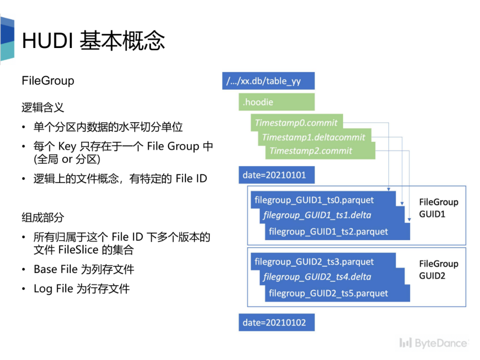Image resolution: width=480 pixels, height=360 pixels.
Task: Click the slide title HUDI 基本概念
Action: (x=93, y=41)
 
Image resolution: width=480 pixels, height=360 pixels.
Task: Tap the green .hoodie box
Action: (x=276, y=102)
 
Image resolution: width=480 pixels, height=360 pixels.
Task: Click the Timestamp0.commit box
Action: (x=296, y=123)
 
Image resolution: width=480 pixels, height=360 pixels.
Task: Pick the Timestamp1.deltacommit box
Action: (x=314, y=137)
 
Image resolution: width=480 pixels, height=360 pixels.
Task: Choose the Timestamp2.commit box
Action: (x=311, y=151)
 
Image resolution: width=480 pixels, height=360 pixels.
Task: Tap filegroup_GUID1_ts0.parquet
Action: (x=314, y=200)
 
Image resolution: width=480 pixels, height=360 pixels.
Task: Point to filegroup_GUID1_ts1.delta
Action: (x=317, y=216)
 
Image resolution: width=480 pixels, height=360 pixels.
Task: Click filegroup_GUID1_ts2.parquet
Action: (x=328, y=232)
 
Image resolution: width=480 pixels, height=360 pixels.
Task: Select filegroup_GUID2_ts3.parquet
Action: (x=314, y=262)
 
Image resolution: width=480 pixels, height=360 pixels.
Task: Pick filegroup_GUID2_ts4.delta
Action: (x=317, y=277)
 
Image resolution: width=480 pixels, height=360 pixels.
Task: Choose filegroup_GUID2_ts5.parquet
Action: (x=328, y=293)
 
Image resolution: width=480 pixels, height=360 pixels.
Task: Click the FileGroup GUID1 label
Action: (x=438, y=208)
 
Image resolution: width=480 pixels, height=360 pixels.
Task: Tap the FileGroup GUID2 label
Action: (x=438, y=269)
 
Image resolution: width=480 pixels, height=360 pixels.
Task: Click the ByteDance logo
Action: (x=433, y=343)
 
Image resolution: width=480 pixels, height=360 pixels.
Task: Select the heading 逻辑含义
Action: (x=43, y=107)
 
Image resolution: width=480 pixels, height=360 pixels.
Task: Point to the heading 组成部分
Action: (x=43, y=217)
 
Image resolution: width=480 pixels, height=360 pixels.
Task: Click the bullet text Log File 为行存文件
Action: (x=82, y=288)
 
